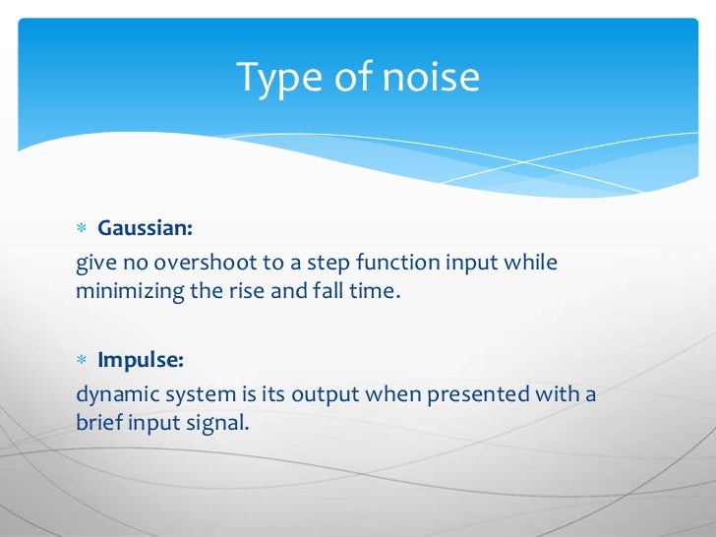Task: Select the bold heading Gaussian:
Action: [146, 229]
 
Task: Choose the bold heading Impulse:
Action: [140, 360]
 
